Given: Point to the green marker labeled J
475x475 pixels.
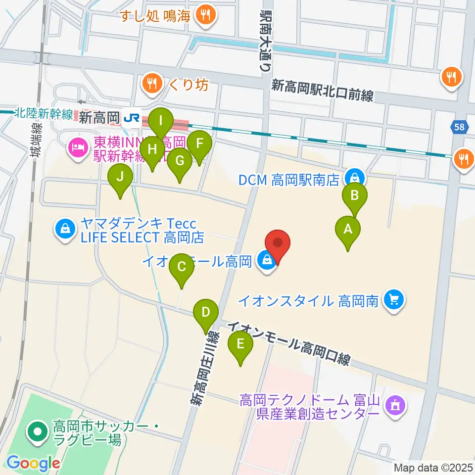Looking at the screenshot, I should point(120,177).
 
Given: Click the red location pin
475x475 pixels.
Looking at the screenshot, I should point(278,244).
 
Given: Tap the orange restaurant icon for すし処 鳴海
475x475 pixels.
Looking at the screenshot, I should point(204,15).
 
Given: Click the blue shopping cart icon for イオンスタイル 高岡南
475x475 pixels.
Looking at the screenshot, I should point(394,300).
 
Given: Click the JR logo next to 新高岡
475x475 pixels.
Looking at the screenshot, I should point(132,118).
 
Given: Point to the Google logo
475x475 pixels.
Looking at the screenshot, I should point(33,464).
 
